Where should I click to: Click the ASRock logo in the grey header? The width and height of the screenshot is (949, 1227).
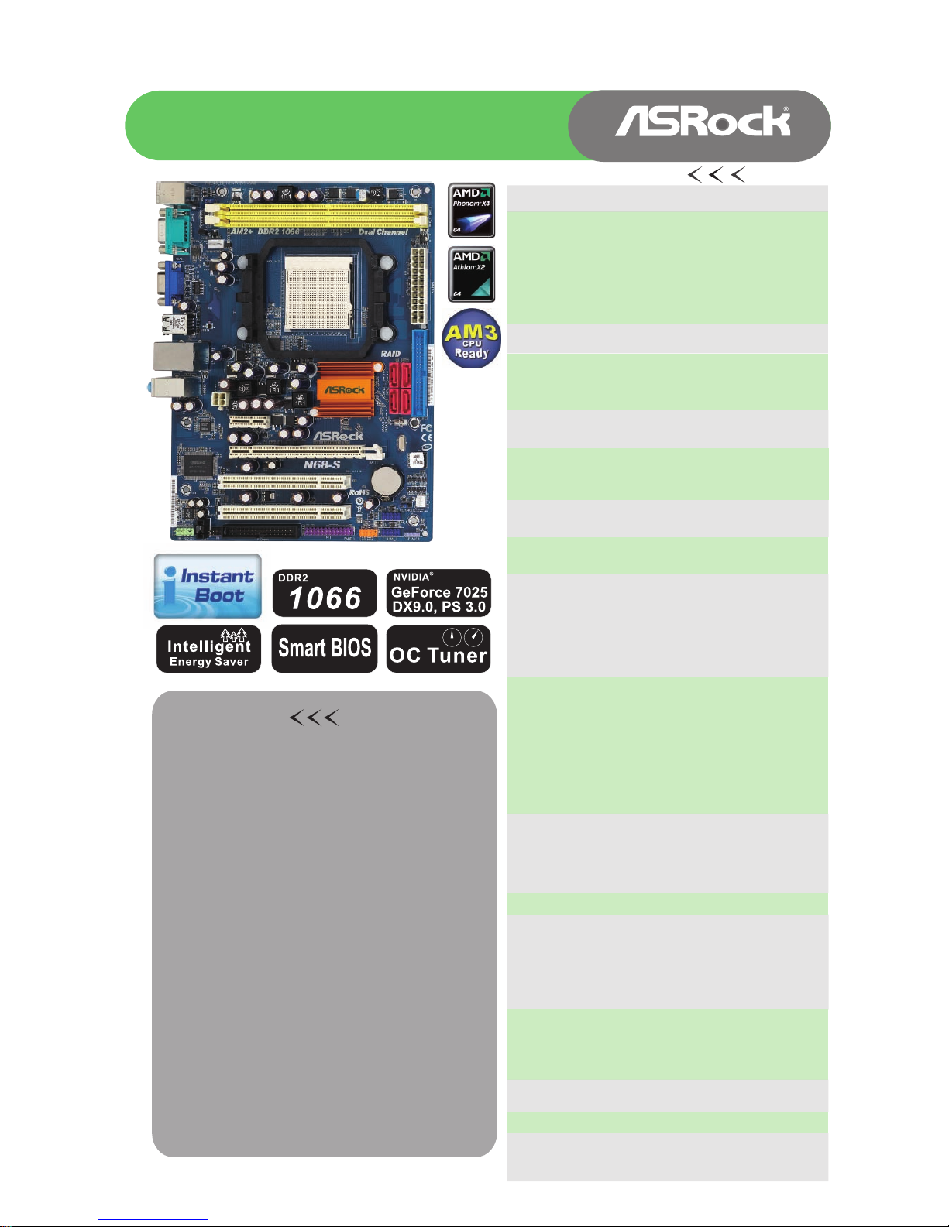[x=703, y=122]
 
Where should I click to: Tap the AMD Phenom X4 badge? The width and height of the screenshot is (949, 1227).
[x=471, y=210]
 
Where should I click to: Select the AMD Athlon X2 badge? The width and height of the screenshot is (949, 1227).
[x=471, y=274]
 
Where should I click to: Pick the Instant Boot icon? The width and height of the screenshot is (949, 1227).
[x=208, y=586]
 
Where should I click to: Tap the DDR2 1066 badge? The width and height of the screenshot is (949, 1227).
[x=325, y=593]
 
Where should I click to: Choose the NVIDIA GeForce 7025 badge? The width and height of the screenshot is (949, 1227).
[x=438, y=593]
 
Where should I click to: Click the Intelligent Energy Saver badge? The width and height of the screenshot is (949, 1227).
[x=208, y=649]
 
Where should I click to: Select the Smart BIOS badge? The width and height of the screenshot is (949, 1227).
[x=325, y=649]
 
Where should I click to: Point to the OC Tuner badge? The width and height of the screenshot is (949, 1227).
[x=438, y=649]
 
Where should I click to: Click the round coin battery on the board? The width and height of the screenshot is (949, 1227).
[x=385, y=481]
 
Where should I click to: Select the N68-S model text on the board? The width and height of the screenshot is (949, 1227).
[x=322, y=464]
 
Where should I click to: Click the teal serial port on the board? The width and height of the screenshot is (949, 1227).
[x=171, y=229]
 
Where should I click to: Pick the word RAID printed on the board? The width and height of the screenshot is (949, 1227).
[x=390, y=354]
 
